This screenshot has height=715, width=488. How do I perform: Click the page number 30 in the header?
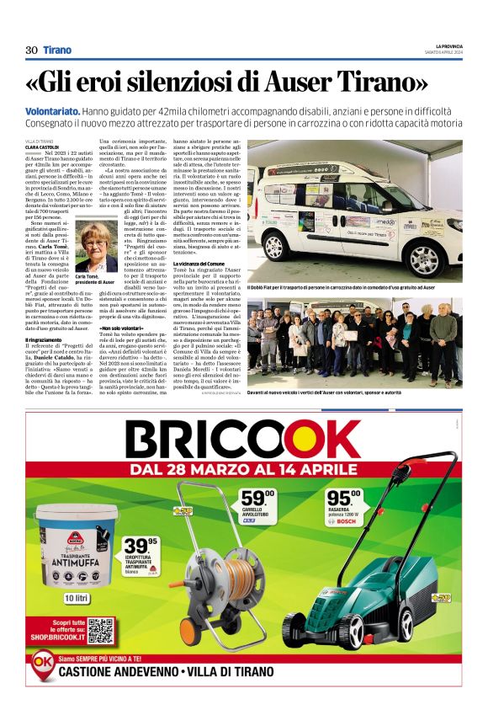click(x=31, y=50)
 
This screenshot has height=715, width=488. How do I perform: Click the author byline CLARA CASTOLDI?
click(x=43, y=147)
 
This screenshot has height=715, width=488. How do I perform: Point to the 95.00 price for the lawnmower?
click(x=344, y=499)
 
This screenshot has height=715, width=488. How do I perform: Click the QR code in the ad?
click(x=100, y=631)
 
